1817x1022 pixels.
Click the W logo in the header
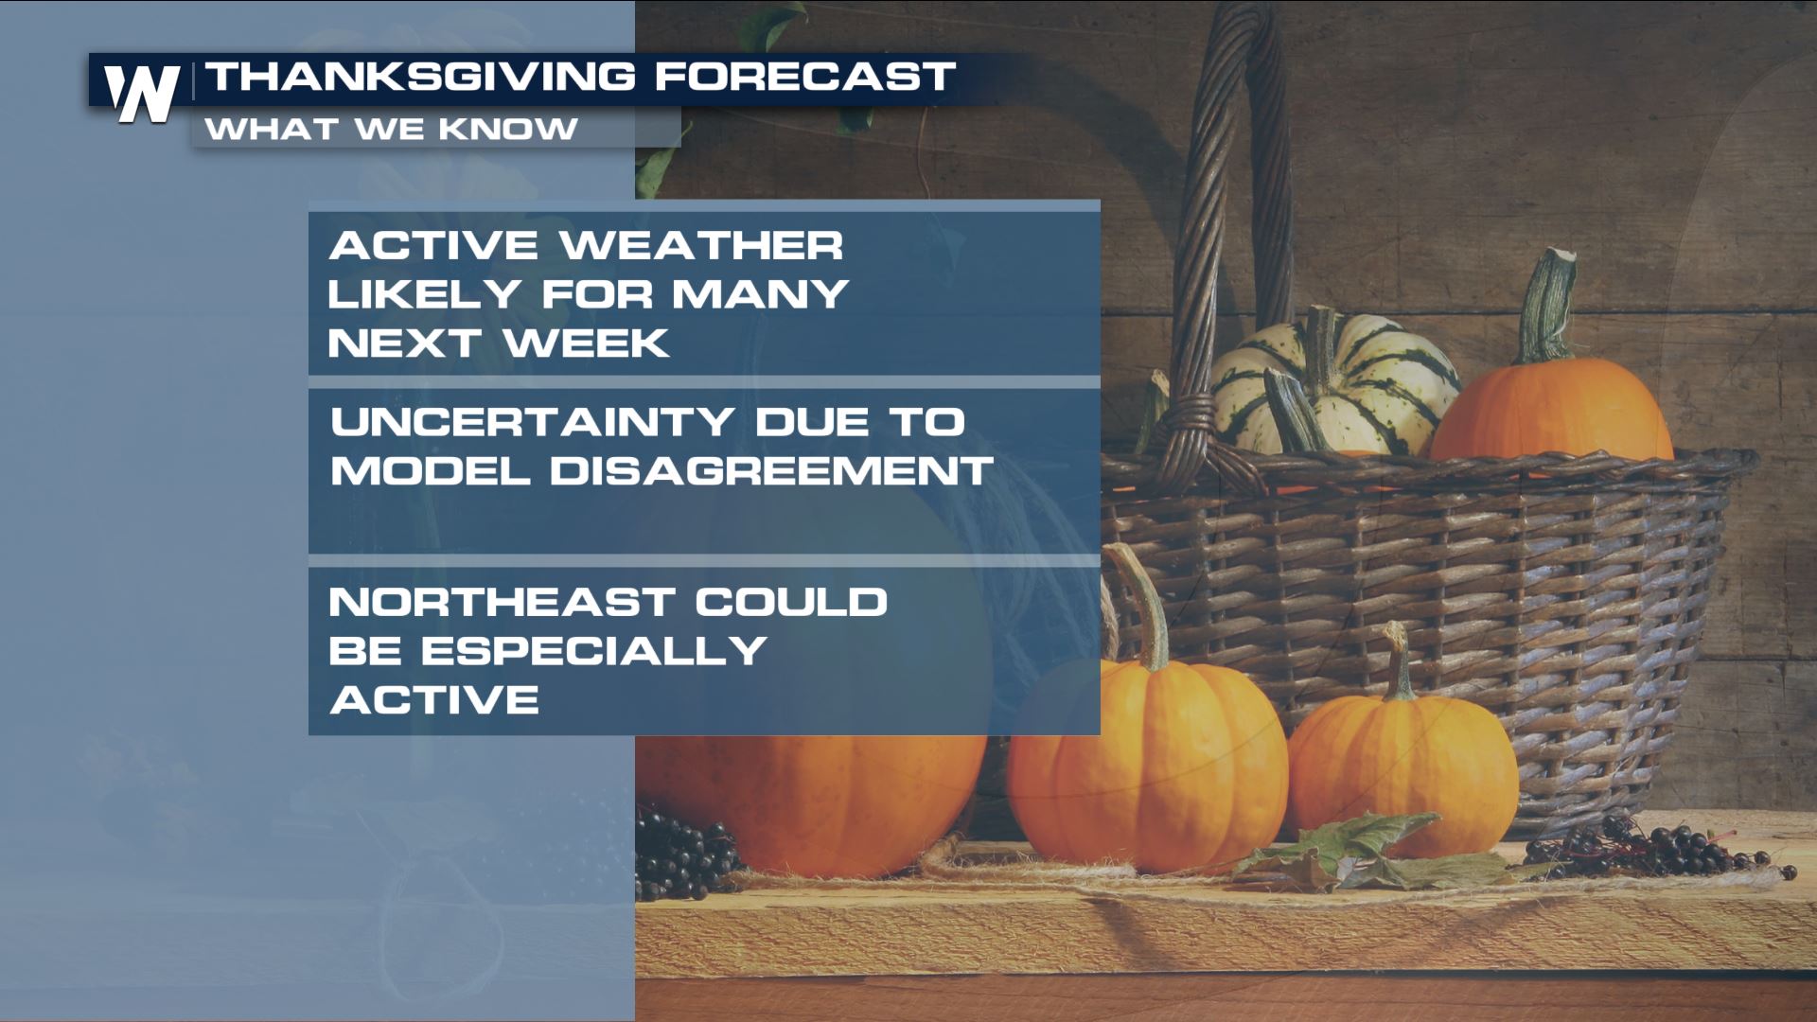coord(142,93)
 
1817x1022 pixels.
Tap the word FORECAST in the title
coord(804,77)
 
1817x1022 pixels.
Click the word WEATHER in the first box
coord(701,246)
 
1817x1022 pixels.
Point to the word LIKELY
coord(424,294)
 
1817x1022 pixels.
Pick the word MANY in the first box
coord(760,294)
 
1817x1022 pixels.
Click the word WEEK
coord(587,344)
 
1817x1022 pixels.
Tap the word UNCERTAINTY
coord(533,422)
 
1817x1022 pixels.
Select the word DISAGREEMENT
coord(771,471)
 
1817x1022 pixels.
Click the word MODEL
coord(430,471)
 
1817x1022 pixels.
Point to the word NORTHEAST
coord(502,602)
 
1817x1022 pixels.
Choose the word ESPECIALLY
coord(594,651)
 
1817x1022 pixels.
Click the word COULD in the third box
coord(791,602)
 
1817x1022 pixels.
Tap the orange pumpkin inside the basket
coord(1552,412)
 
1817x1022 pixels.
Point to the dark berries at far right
coord(1666,847)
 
